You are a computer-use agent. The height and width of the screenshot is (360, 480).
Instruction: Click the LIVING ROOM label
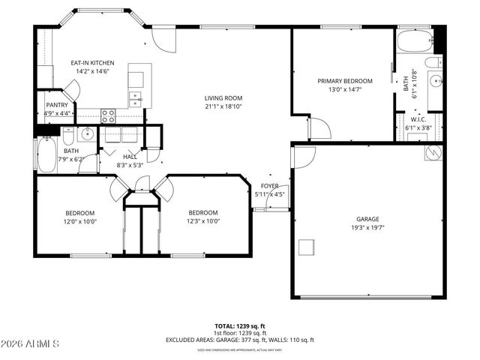click(x=223, y=97)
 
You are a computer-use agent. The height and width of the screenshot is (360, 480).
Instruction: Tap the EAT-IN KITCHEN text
click(x=92, y=64)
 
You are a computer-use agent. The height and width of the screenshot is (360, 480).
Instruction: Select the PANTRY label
click(x=57, y=105)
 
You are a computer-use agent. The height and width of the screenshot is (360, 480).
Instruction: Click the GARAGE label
click(x=367, y=219)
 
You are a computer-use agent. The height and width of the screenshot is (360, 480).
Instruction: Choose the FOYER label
click(x=269, y=186)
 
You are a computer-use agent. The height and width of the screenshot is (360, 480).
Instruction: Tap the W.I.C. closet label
click(x=418, y=119)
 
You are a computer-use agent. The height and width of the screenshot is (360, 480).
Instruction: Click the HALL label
click(x=130, y=157)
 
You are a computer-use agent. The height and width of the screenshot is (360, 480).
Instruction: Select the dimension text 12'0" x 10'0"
click(x=79, y=221)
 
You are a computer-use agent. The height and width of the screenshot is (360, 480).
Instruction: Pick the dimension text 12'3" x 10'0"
click(x=203, y=221)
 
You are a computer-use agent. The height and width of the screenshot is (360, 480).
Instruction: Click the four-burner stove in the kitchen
click(x=108, y=115)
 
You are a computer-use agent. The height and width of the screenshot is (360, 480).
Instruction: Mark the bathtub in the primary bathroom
click(x=414, y=41)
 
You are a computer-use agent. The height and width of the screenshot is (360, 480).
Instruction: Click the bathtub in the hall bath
click(x=46, y=154)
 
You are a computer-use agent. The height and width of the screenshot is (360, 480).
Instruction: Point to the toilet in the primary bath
click(x=433, y=61)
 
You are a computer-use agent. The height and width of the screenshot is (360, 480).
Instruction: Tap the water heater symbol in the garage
click(x=433, y=152)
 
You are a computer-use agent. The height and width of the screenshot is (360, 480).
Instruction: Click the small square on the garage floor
click(x=306, y=247)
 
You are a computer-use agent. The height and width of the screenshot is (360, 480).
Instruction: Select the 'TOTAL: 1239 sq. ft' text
click(x=239, y=326)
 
